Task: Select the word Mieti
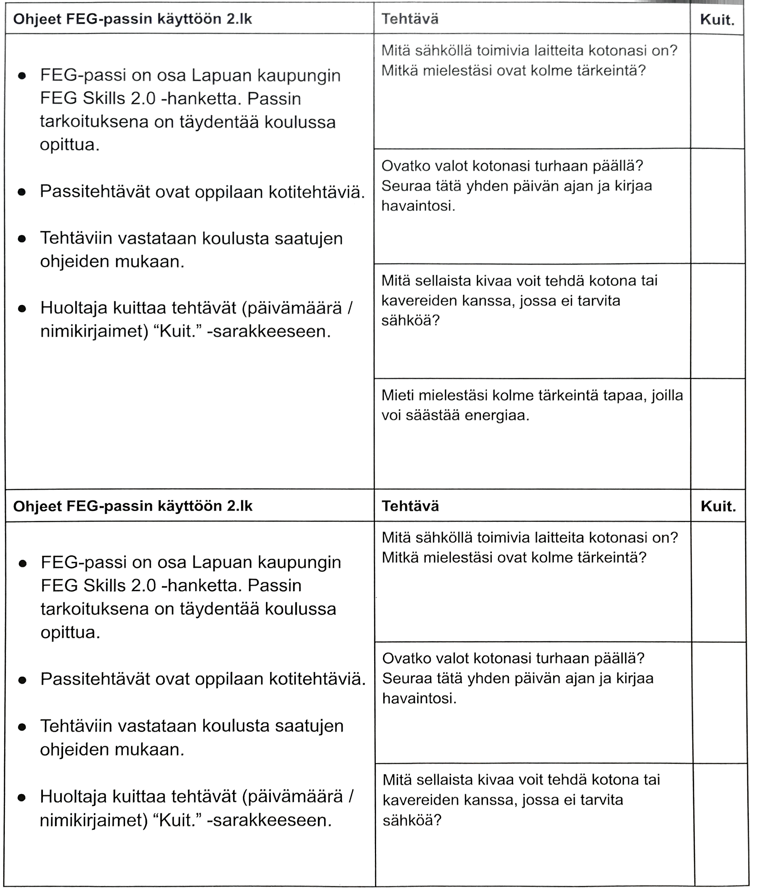[397, 395]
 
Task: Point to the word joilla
[667, 395]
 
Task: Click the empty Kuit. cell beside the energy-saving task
[717, 433]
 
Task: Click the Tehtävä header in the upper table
[410, 19]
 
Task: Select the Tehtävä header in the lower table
[410, 506]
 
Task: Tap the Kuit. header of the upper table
[717, 19]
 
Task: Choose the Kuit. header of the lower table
[718, 507]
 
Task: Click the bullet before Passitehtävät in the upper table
[22, 192]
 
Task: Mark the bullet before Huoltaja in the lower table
[22, 797]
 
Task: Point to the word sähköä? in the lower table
[412, 821]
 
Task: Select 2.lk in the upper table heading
[239, 19]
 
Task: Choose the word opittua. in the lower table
[70, 632]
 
